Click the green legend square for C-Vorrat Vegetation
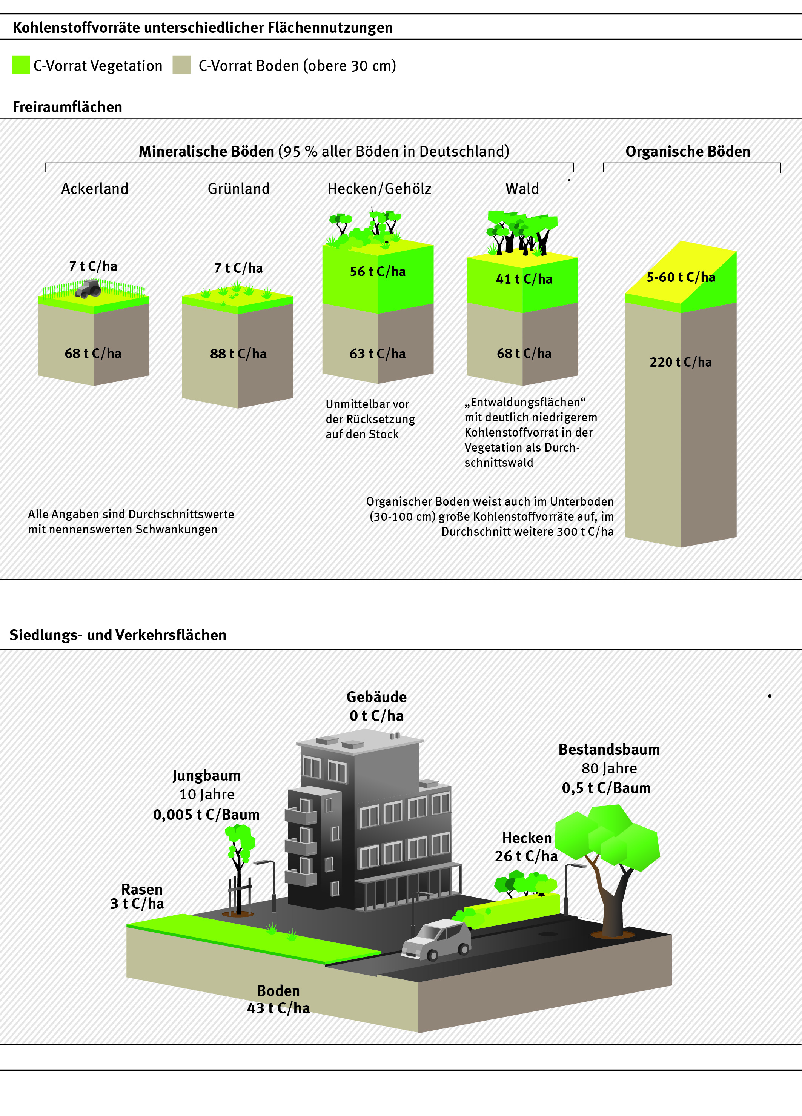click(21, 65)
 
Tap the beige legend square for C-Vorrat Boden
click(181, 65)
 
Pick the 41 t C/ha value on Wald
click(524, 280)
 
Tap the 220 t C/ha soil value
click(681, 362)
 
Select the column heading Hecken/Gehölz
click(379, 189)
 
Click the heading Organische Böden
click(687, 152)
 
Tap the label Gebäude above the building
click(376, 697)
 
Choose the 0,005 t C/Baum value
click(206, 815)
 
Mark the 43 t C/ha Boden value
click(278, 1008)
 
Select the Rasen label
click(142, 889)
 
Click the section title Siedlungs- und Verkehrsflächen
click(118, 635)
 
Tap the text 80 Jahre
click(609, 769)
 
